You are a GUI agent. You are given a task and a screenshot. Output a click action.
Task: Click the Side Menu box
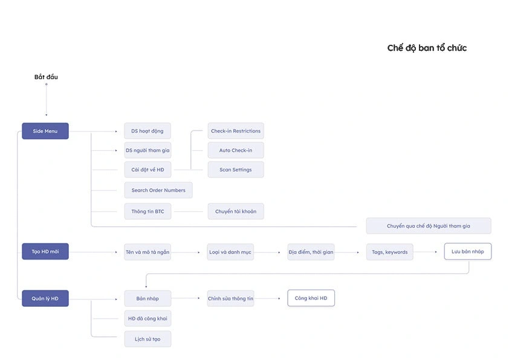click(45, 131)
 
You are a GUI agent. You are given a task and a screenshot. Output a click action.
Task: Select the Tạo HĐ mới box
click(45, 252)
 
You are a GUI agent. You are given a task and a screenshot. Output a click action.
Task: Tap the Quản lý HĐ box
click(45, 298)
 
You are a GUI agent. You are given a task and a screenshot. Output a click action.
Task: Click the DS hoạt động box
click(148, 131)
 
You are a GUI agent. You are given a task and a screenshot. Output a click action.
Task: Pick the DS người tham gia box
click(148, 150)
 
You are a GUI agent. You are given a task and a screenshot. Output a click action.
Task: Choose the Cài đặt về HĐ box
click(148, 169)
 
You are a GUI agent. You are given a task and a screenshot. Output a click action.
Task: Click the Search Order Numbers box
click(158, 190)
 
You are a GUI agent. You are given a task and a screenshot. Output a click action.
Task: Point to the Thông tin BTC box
click(148, 211)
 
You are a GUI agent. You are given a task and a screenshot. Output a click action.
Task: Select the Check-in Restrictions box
click(236, 131)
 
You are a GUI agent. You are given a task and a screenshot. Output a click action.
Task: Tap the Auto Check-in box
click(236, 150)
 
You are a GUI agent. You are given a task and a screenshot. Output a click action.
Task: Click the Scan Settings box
click(236, 169)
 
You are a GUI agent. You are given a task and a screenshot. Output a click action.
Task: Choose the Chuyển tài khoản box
click(236, 211)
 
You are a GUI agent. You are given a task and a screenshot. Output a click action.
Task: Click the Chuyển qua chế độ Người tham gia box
click(429, 226)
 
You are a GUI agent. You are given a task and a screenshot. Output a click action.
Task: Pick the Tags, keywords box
click(389, 252)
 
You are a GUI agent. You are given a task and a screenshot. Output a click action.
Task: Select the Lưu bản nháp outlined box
click(468, 252)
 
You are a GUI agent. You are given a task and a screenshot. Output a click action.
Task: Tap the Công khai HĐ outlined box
click(311, 298)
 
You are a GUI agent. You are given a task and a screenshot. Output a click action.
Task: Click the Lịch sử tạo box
click(148, 339)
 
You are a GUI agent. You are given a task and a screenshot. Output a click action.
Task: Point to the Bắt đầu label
click(46, 77)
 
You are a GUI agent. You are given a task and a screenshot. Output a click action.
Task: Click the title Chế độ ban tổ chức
click(427, 48)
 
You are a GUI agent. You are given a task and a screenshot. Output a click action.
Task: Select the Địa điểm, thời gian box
click(311, 252)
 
